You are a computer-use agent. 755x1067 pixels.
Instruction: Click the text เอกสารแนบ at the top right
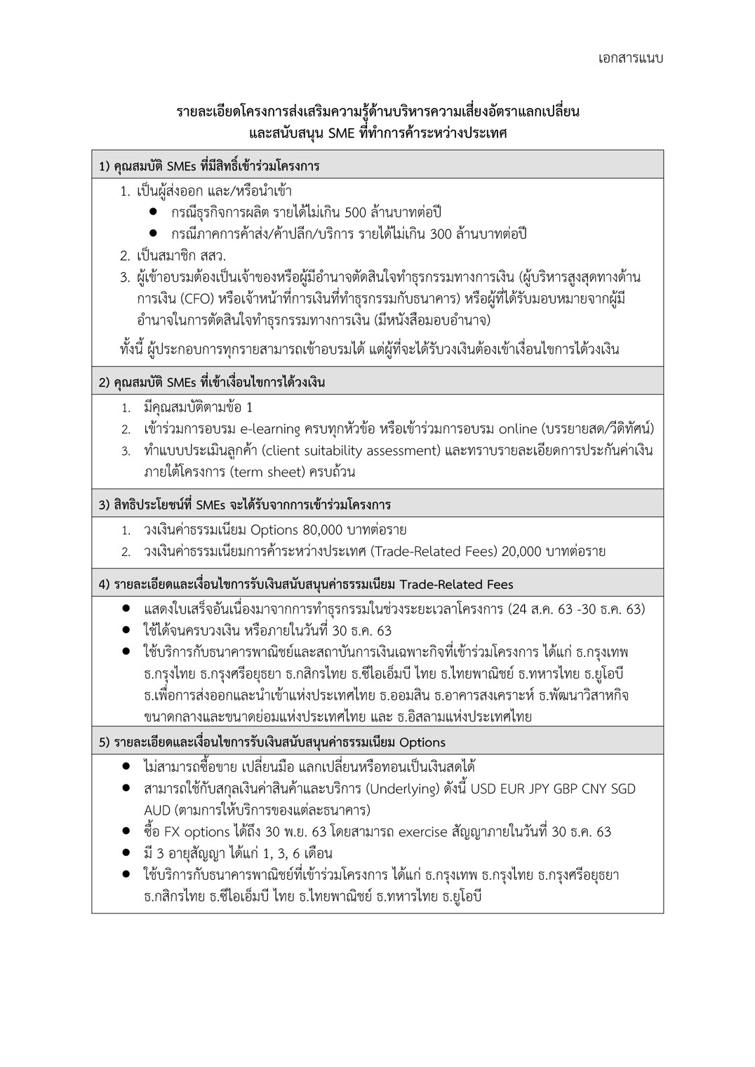pyautogui.click(x=631, y=58)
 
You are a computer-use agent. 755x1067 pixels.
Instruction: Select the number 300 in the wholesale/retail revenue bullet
pyautogui.click(x=440, y=234)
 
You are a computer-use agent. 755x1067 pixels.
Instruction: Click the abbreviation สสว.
pyautogui.click(x=213, y=256)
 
